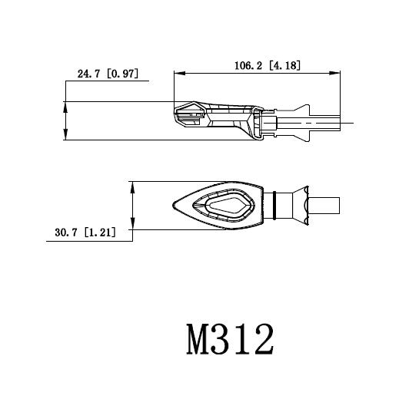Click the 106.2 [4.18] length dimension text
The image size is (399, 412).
pos(267,66)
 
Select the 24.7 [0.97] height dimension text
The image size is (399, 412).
pos(108,74)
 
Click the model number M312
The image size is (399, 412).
pos(230,338)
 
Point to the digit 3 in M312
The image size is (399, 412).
pos(229,338)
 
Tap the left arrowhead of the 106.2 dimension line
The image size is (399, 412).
pos(178,74)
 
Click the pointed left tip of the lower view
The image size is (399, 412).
pos(173,204)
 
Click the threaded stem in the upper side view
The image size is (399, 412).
pos(327,122)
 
